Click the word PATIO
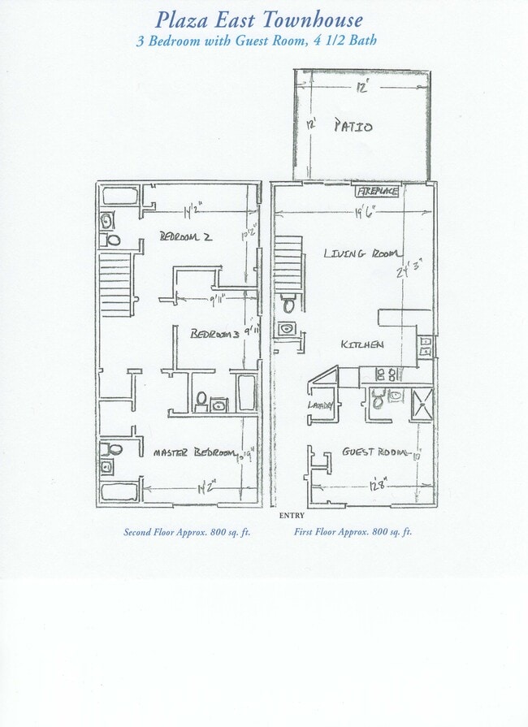click(x=353, y=126)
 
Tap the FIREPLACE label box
click(x=377, y=192)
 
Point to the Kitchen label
click(x=361, y=344)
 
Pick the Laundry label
click(x=319, y=406)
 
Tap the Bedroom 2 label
click(x=185, y=236)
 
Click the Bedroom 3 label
click(x=214, y=334)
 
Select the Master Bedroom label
click(x=193, y=452)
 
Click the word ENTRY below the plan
click(x=291, y=516)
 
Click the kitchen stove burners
click(x=387, y=374)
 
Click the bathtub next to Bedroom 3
click(x=245, y=392)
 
